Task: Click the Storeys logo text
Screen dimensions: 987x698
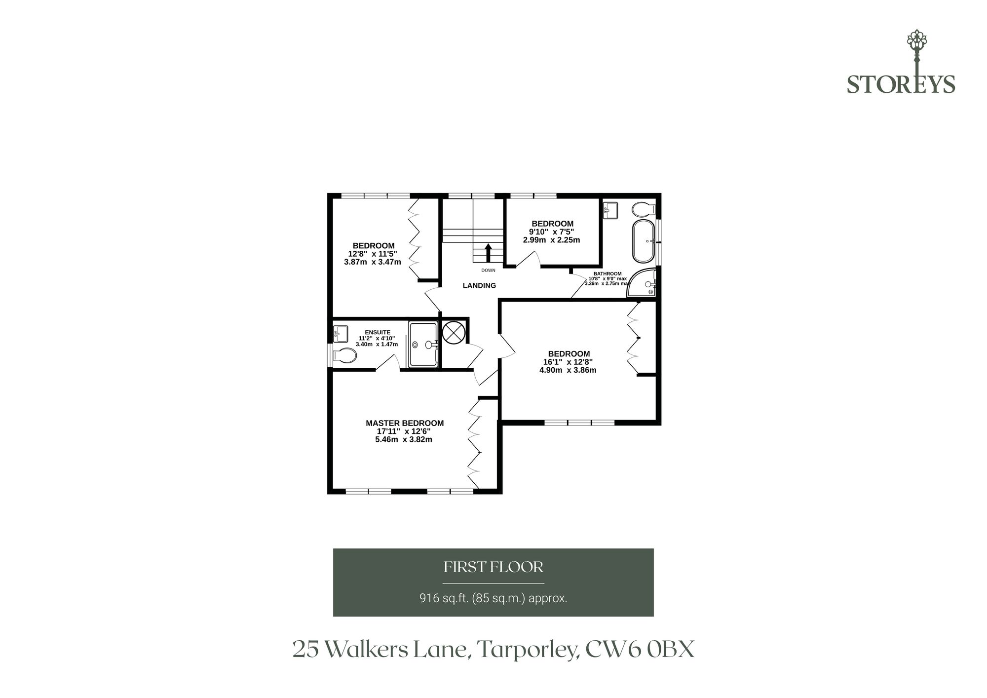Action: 901,84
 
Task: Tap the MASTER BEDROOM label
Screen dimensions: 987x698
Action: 405,423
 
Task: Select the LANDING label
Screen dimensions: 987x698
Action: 479,285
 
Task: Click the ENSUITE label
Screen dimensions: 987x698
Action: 378,332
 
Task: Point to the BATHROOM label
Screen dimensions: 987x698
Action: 607,273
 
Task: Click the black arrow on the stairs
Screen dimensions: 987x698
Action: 489,253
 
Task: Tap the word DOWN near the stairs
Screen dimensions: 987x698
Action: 488,271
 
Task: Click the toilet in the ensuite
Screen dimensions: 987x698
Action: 344,355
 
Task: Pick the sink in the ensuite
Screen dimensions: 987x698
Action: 341,334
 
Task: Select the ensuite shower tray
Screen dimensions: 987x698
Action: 423,345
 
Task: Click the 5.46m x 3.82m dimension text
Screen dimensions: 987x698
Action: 404,439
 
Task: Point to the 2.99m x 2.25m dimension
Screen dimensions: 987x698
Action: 551,240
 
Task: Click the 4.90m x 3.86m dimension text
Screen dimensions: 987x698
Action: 568,370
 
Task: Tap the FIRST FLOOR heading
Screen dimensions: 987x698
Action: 493,567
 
